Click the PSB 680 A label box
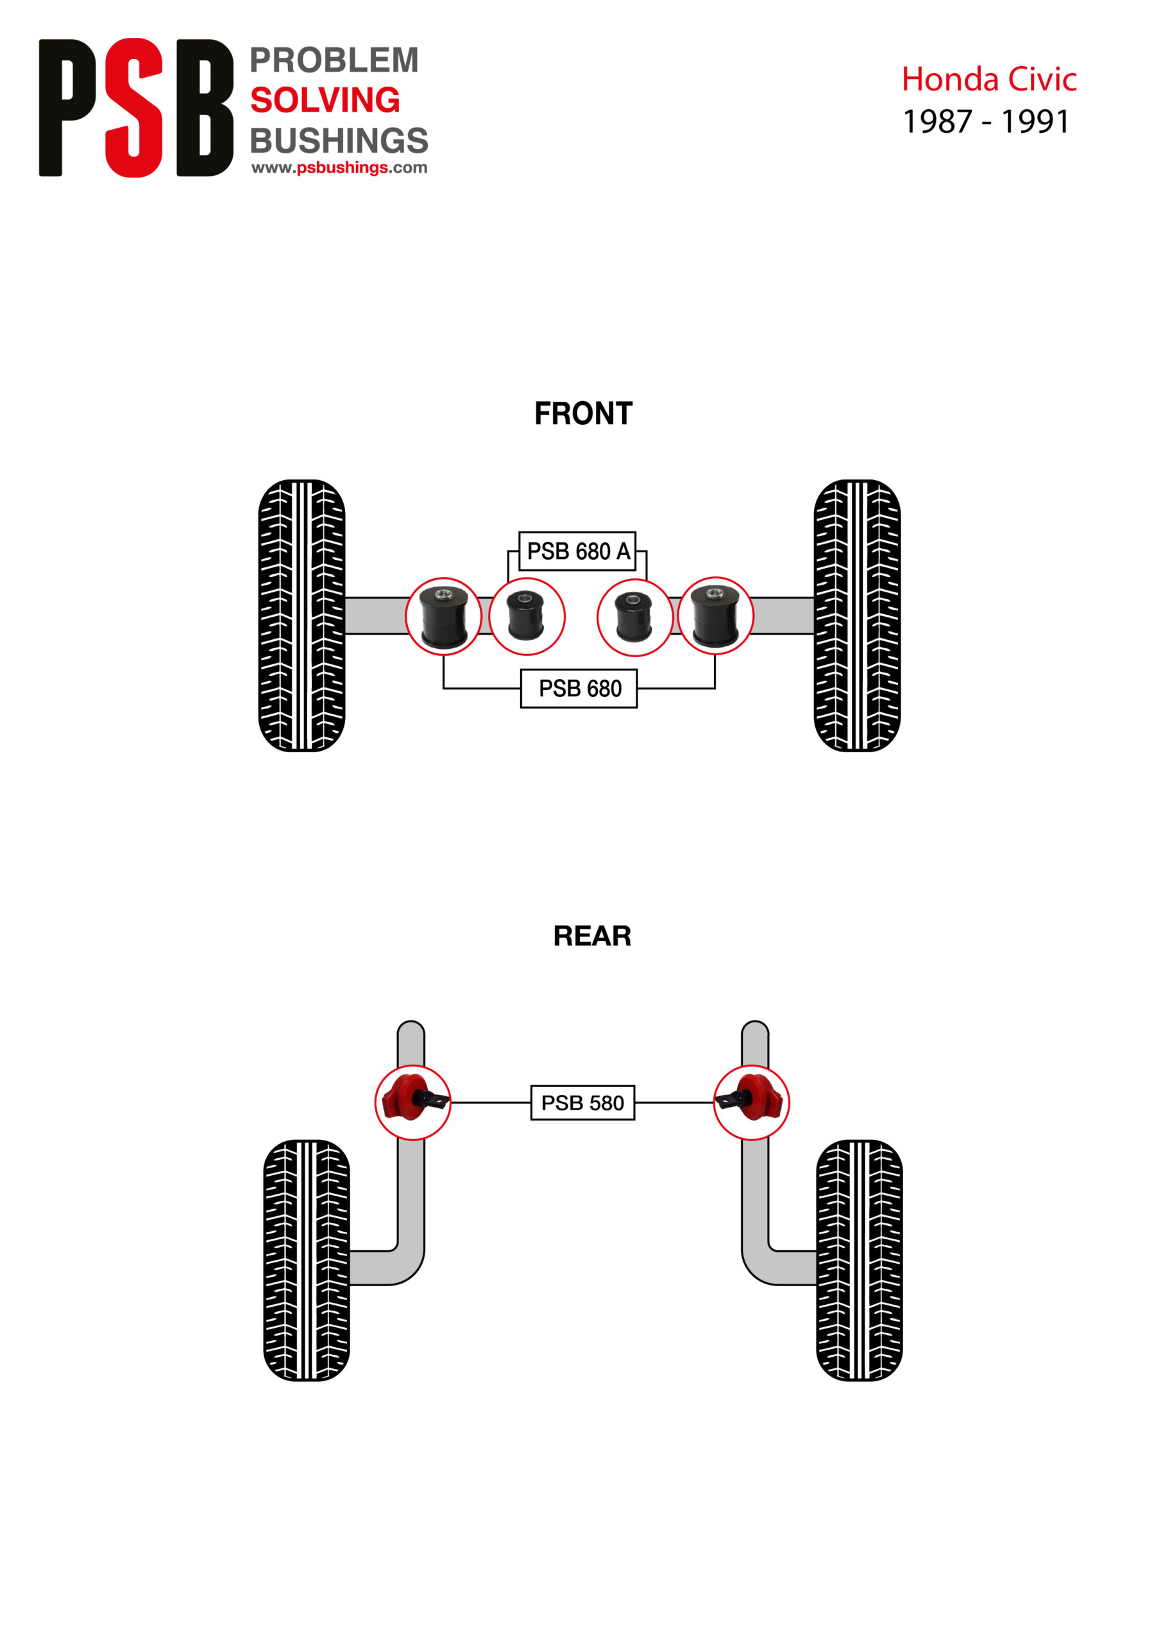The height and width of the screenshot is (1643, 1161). click(577, 551)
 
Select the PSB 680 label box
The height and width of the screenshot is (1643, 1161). click(579, 689)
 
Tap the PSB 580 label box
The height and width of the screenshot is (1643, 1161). click(582, 1103)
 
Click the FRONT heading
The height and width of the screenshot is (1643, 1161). click(583, 413)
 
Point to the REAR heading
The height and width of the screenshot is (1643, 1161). click(591, 936)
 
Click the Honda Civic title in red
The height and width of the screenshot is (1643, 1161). click(988, 80)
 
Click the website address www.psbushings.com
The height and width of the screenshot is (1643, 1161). click(339, 168)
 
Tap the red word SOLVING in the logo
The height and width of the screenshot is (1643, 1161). click(325, 100)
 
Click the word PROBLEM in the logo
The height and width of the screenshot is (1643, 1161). click(334, 60)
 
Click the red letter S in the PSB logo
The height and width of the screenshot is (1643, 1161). click(134, 107)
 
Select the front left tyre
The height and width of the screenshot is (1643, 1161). click(301, 615)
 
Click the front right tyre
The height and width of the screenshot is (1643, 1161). click(856, 615)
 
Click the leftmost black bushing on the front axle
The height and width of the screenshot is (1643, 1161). click(443, 616)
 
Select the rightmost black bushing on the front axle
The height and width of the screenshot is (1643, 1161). click(715, 615)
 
